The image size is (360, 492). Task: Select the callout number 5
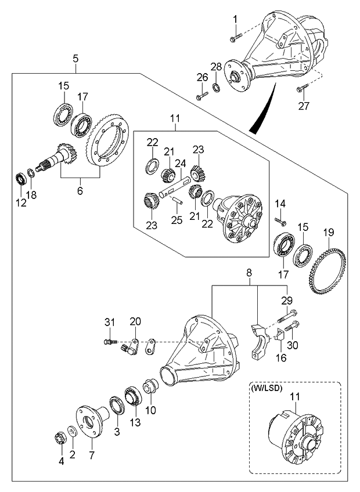76,58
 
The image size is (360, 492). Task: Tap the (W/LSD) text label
268,388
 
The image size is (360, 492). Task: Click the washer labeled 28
216,88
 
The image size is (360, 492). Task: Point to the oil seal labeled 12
20,177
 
